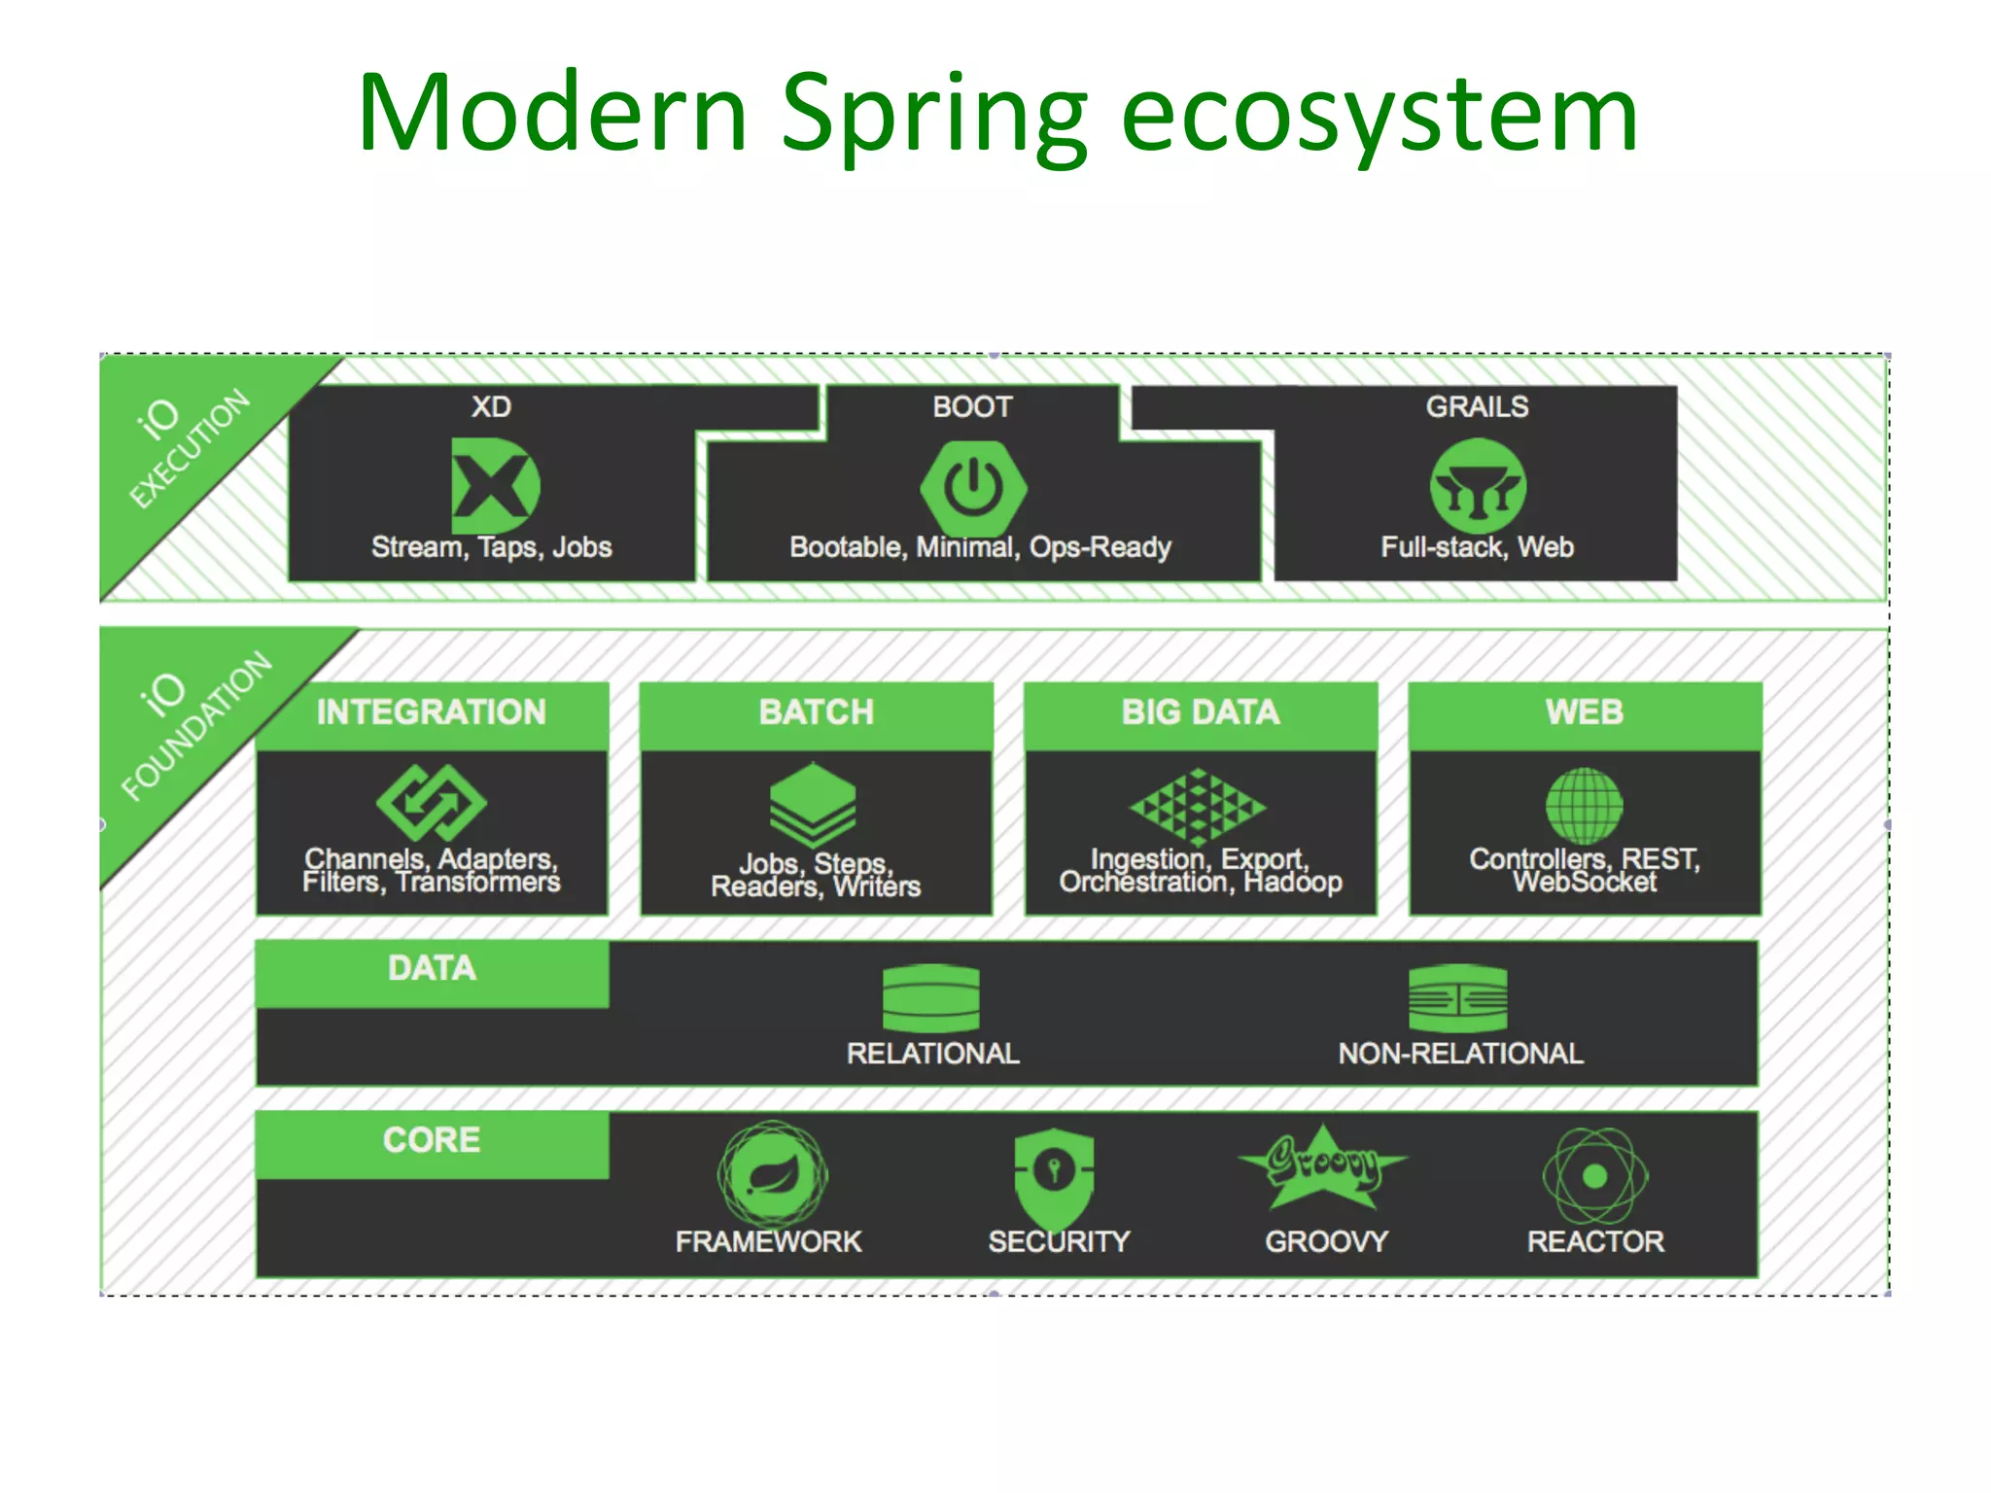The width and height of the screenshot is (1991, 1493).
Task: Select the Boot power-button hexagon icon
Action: pyautogui.click(x=973, y=486)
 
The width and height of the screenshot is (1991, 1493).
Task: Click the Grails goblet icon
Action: pyautogui.click(x=1478, y=486)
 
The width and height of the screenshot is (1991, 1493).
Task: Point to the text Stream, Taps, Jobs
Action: pyautogui.click(x=492, y=547)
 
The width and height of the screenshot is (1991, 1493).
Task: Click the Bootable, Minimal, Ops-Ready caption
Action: pyautogui.click(x=980, y=547)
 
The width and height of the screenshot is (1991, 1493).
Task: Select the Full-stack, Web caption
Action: pyautogui.click(x=1478, y=547)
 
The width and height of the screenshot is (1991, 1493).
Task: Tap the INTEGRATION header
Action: pyautogui.click(x=432, y=712)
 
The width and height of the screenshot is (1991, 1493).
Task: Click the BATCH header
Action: pyautogui.click(x=817, y=712)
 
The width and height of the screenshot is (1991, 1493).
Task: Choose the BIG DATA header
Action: pyautogui.click(x=1201, y=712)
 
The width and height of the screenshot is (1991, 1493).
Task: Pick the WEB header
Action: pyautogui.click(x=1585, y=712)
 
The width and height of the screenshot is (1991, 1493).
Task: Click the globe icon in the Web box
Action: pyautogui.click(x=1585, y=805)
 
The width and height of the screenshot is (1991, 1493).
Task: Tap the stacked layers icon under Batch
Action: pyautogui.click(x=813, y=805)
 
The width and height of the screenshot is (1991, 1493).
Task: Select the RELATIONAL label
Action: pyautogui.click(x=932, y=1054)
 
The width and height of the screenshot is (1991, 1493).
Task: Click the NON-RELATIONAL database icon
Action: pyautogui.click(x=1457, y=998)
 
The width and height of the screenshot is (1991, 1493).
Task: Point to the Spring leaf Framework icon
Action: pyautogui.click(x=773, y=1173)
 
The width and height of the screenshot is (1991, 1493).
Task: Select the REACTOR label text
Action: pyautogui.click(x=1595, y=1241)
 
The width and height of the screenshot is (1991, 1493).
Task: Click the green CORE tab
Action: pyautogui.click(x=432, y=1141)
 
